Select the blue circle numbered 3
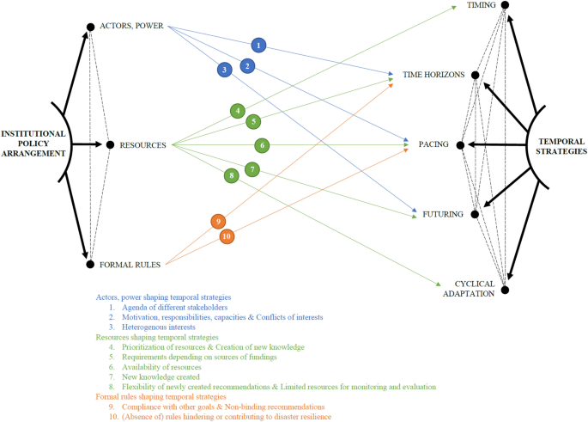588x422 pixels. (x=223, y=69)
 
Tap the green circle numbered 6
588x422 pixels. (x=262, y=145)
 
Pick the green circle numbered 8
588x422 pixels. (x=230, y=176)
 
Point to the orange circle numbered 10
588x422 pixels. (x=227, y=236)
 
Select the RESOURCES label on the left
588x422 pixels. (x=143, y=145)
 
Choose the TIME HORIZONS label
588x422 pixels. (x=433, y=76)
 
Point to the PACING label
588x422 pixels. (x=433, y=145)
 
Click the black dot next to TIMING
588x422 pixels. (x=505, y=6)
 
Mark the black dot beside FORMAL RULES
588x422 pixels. (x=90, y=264)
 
